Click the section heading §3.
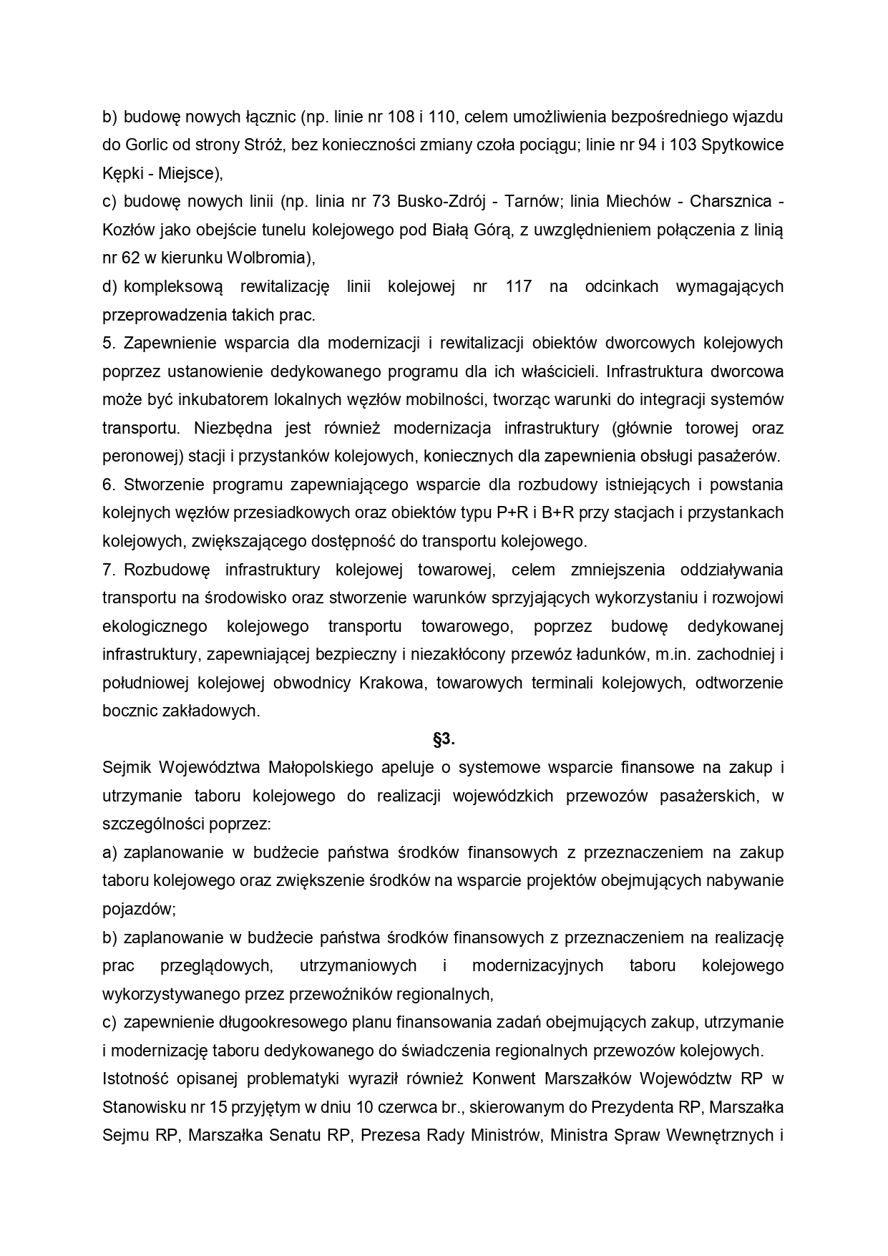point(444,739)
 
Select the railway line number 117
point(518,286)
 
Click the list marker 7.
point(109,570)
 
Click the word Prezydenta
point(633,1106)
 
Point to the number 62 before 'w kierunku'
point(131,258)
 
